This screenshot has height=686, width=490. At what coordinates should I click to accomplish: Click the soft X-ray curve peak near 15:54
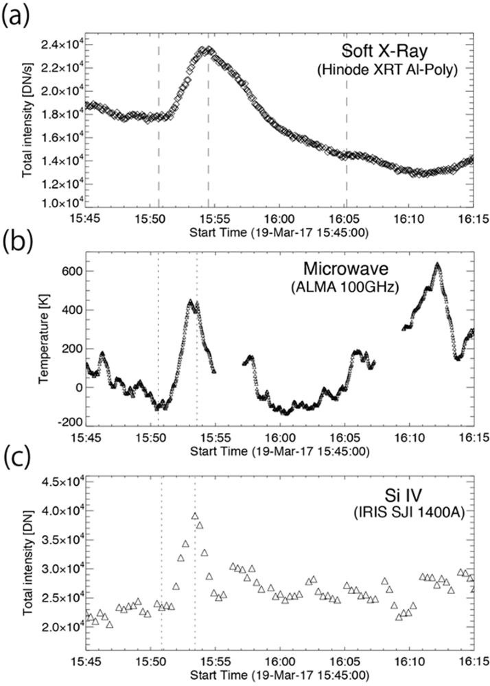point(205,49)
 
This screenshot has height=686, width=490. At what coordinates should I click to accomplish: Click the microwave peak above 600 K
point(436,264)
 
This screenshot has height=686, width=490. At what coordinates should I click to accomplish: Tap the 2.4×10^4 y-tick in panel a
point(58,45)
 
